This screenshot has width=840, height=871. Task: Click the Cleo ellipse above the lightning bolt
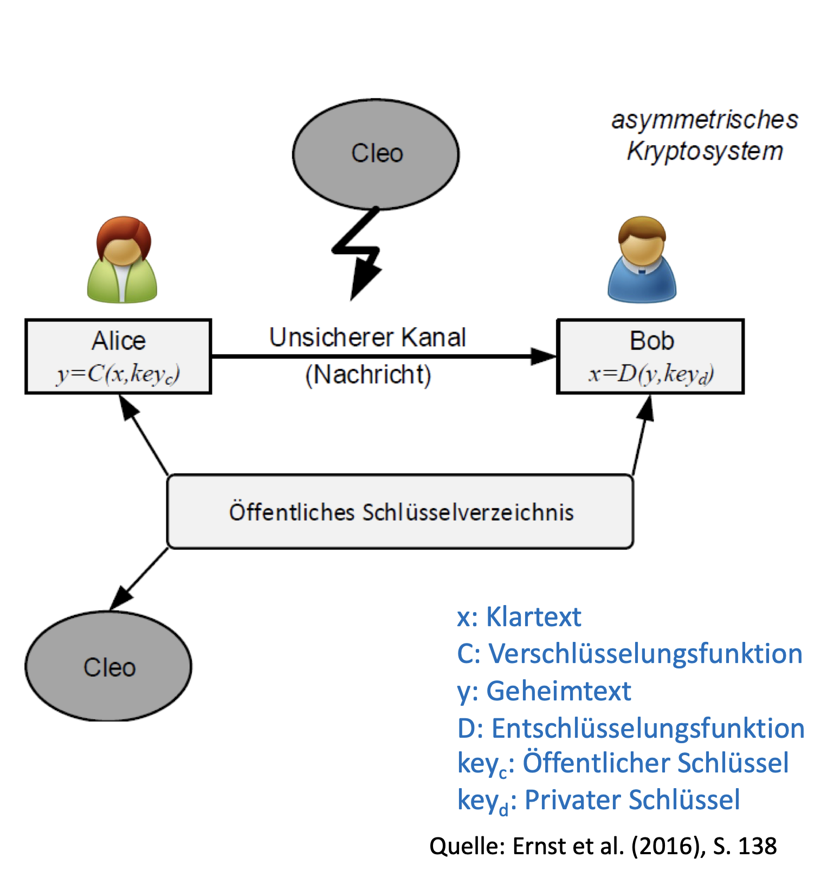(x=376, y=154)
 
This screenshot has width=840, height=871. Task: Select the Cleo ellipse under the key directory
(x=108, y=666)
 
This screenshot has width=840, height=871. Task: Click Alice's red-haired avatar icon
(x=122, y=260)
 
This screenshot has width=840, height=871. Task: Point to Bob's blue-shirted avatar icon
(x=642, y=260)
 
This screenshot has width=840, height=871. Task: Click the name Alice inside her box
(x=119, y=341)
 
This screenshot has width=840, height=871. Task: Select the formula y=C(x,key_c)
(x=118, y=374)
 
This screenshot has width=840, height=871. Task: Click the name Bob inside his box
(x=651, y=341)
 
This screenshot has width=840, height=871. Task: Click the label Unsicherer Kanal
(x=367, y=337)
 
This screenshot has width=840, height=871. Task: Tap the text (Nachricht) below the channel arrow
(x=368, y=375)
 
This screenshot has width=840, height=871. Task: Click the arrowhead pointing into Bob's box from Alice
(x=543, y=356)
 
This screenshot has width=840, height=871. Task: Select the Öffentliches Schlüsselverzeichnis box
(x=400, y=512)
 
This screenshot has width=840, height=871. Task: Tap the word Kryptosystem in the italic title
(x=705, y=151)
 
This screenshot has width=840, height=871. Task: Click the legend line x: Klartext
(x=519, y=617)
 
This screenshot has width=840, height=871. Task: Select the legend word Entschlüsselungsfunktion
(x=648, y=729)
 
